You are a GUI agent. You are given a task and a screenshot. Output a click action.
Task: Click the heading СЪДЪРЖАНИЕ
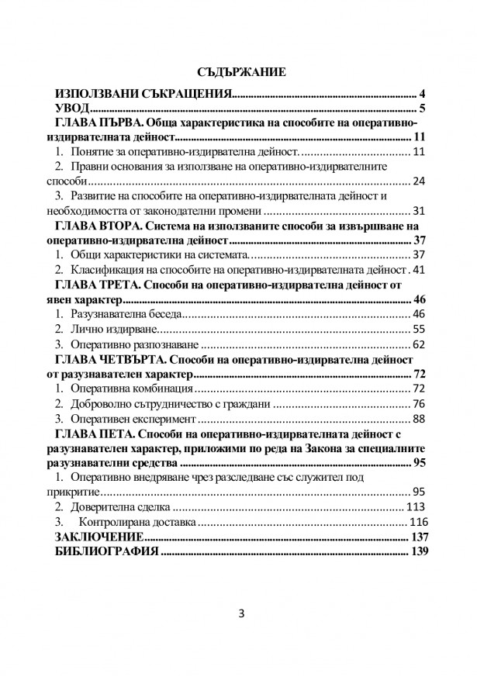tap(242, 72)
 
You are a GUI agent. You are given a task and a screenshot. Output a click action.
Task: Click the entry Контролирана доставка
tap(140, 521)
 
